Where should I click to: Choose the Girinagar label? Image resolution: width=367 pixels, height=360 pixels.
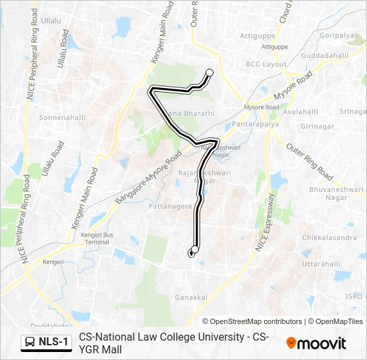point(316,125)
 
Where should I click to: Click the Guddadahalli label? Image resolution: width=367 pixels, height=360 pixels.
point(324,55)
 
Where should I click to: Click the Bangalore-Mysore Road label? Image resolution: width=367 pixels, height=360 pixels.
point(148,179)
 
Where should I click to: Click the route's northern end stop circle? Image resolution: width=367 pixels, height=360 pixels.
point(210,73)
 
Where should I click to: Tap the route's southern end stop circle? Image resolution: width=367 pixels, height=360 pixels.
point(195,250)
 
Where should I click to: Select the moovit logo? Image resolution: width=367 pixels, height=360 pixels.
point(316,343)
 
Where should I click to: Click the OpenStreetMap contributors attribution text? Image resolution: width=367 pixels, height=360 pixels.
point(252,321)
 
